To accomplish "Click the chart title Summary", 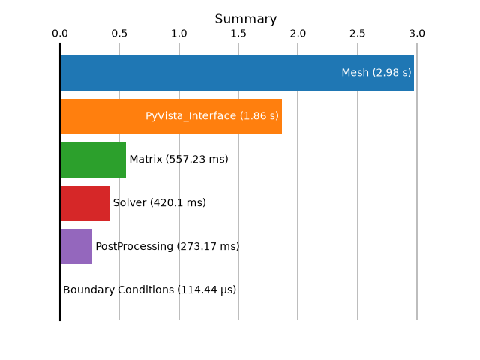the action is [x=246, y=19].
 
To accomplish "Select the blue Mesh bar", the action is [x=237, y=73].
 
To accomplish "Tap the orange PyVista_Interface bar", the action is [x=171, y=117].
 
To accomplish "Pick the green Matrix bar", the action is [x=93, y=160].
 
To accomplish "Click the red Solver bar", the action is [x=85, y=203].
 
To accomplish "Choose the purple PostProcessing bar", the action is [x=76, y=247].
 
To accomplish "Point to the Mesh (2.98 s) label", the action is [x=376, y=73].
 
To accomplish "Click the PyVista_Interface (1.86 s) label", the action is [x=212, y=116].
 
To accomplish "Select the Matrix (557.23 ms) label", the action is [x=178, y=160].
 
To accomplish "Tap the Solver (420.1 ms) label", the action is [x=160, y=203].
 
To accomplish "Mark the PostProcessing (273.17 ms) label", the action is [x=167, y=247].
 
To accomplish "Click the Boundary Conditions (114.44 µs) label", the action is [x=150, y=290].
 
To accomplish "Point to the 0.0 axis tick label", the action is [x=60, y=34].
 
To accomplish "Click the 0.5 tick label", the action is [x=119, y=34].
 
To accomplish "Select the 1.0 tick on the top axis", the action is [x=179, y=34].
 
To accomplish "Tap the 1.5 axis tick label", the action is [x=238, y=34].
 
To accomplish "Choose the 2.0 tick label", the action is [x=298, y=34].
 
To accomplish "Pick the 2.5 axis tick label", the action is [x=358, y=34].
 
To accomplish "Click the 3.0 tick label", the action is [x=417, y=34].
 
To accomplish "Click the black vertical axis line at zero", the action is [x=60, y=181].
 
